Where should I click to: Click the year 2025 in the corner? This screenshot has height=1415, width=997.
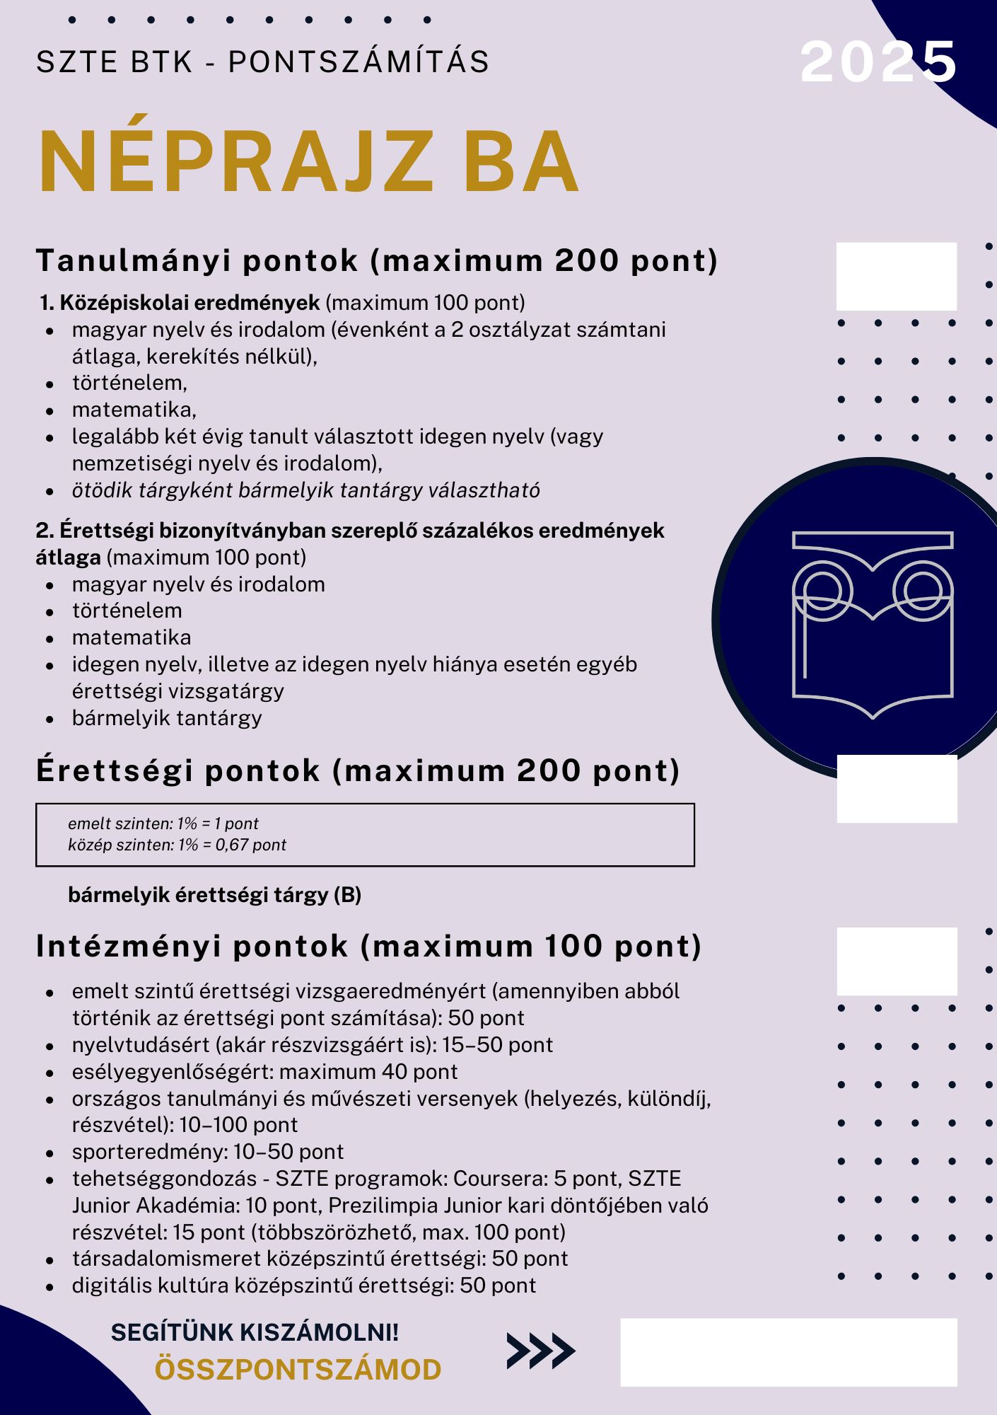pyautogui.click(x=878, y=62)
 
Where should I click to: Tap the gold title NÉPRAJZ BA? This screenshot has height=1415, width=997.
pyautogui.click(x=308, y=162)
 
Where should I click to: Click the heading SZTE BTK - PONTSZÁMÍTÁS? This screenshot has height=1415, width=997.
pyautogui.click(x=262, y=62)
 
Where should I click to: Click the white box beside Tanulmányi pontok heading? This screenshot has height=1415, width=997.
pyautogui.click(x=896, y=277)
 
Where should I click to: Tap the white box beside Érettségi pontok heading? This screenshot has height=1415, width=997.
pyautogui.click(x=897, y=788)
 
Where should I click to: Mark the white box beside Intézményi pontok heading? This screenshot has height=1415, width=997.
pyautogui.click(x=897, y=961)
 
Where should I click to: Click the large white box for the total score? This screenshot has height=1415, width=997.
pyautogui.click(x=788, y=1352)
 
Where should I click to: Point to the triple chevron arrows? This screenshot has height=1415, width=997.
pyautogui.click(x=541, y=1351)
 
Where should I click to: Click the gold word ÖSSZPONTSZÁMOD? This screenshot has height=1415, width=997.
pyautogui.click(x=298, y=1370)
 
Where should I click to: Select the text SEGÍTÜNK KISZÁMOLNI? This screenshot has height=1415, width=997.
pyautogui.click(x=255, y=1332)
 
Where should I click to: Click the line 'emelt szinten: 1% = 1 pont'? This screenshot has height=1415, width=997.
pyautogui.click(x=163, y=824)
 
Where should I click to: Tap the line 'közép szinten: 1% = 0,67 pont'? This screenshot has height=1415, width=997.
pyautogui.click(x=177, y=845)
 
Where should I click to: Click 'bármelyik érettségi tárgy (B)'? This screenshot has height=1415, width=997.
pyautogui.click(x=214, y=895)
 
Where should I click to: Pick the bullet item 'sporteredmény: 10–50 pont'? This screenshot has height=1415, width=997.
pyautogui.click(x=207, y=1152)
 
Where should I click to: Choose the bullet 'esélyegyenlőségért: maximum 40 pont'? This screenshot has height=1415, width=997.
pyautogui.click(x=264, y=1072)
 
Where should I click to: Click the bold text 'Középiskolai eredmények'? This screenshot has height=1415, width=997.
pyautogui.click(x=190, y=303)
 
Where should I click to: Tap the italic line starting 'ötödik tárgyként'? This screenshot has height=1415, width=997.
pyautogui.click(x=305, y=490)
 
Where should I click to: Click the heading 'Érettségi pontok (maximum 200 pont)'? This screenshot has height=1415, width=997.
pyautogui.click(x=358, y=770)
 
